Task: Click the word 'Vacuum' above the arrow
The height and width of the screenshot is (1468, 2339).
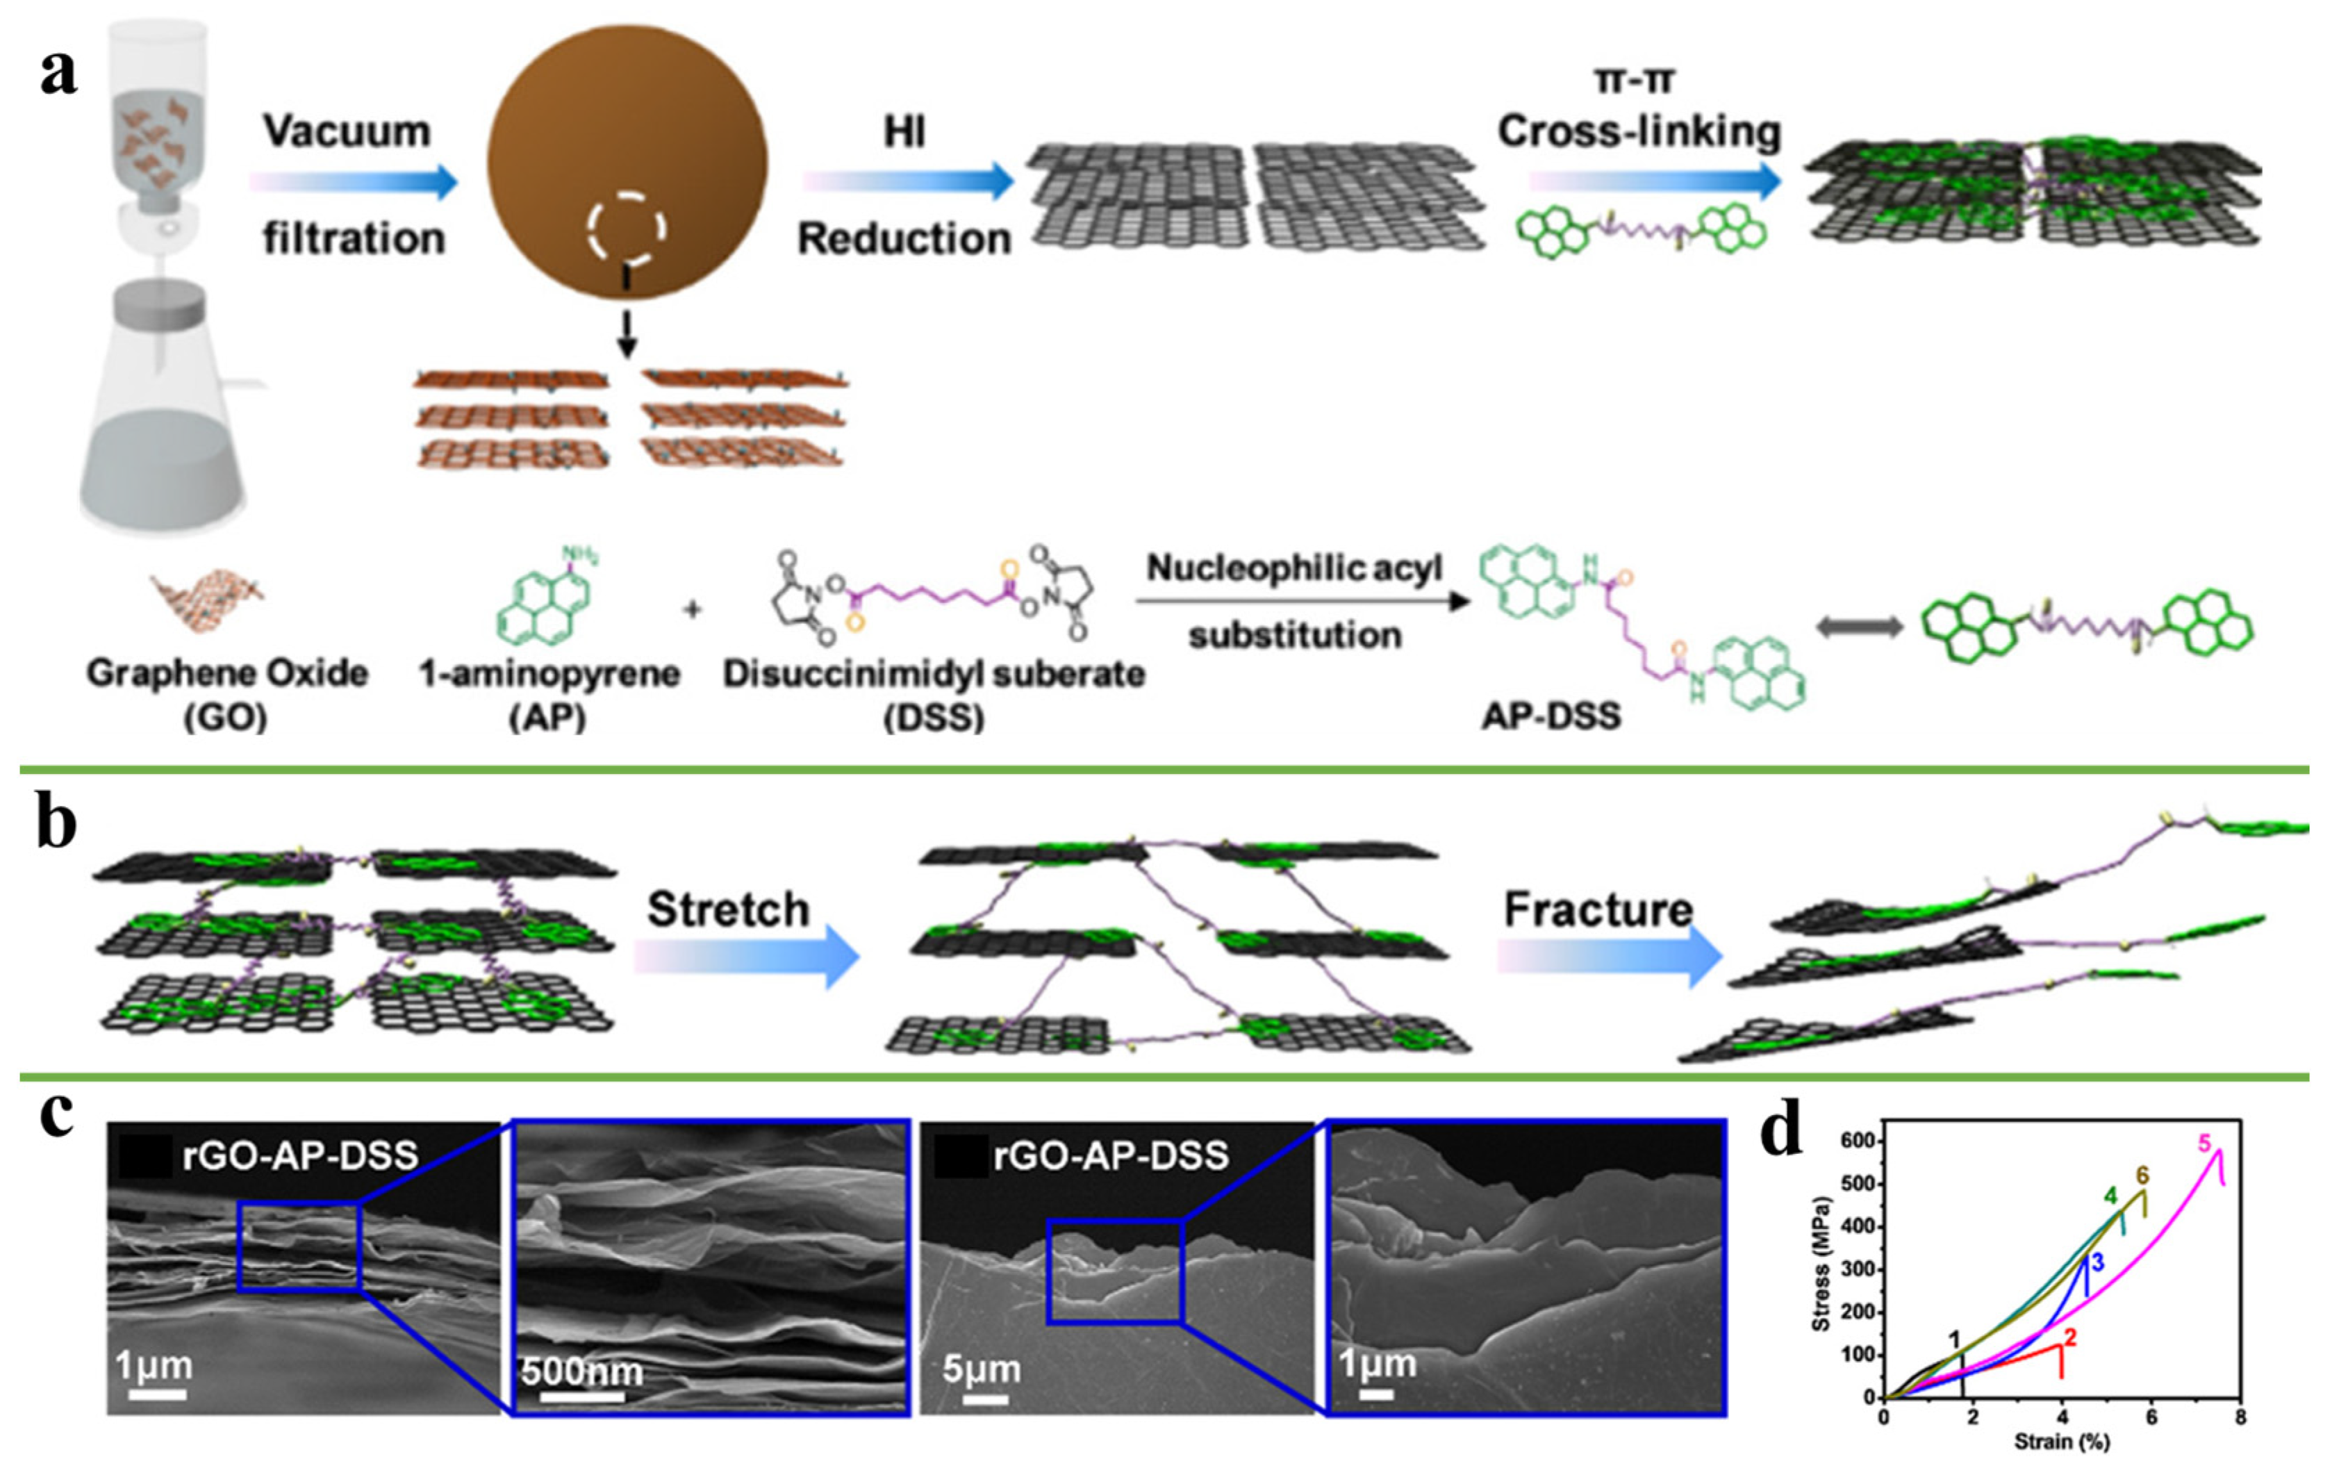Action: (x=347, y=131)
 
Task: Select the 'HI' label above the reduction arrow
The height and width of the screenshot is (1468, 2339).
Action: (x=904, y=131)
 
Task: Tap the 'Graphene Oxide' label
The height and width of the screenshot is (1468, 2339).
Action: (x=227, y=673)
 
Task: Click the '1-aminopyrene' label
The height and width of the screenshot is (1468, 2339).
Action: (x=549, y=673)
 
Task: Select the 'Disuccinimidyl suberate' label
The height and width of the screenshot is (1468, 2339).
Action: (x=934, y=673)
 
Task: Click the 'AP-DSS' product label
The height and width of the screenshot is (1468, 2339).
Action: (x=1551, y=716)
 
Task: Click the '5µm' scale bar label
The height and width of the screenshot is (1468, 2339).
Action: (x=981, y=1369)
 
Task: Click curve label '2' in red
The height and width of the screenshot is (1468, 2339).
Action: (x=2070, y=1338)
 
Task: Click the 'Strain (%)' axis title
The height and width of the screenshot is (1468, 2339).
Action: (x=2061, y=1442)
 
